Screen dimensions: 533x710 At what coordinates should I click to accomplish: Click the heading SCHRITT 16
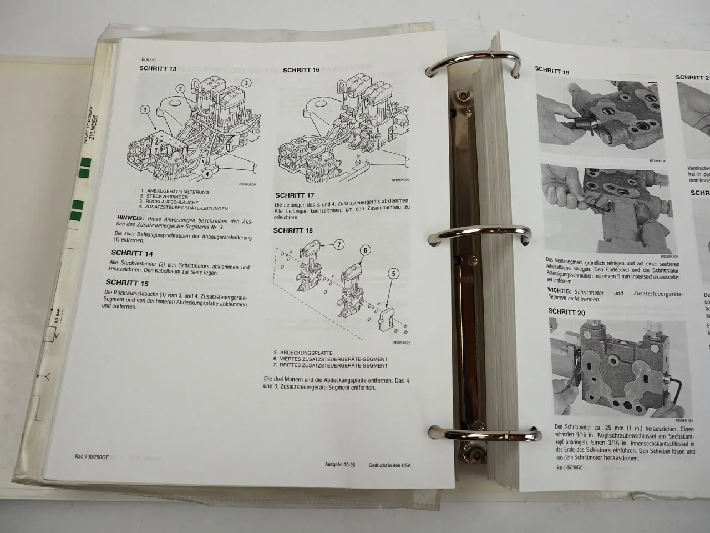tap(301, 70)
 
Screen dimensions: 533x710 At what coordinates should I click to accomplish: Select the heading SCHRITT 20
tap(566, 313)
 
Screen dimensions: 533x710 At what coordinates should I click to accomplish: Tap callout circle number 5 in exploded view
tap(393, 273)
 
